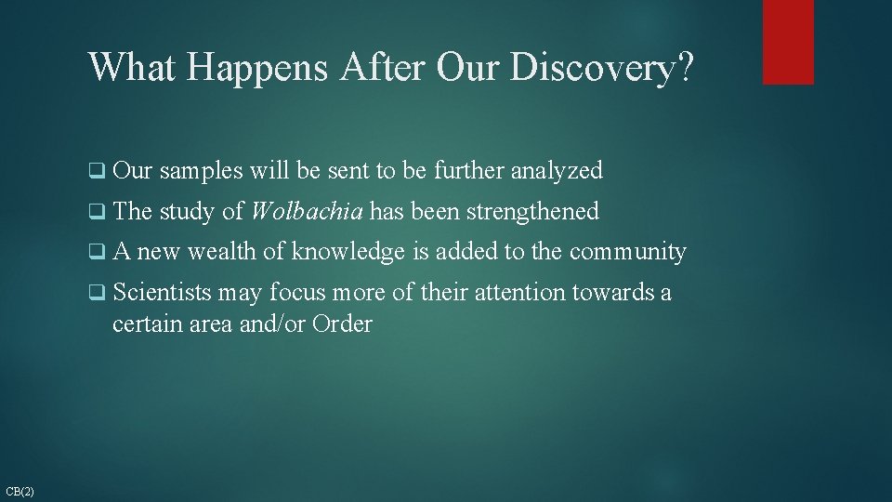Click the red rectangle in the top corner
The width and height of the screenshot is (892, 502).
(788, 42)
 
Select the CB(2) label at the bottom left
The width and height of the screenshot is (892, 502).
(20, 491)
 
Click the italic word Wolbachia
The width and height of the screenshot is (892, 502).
(307, 212)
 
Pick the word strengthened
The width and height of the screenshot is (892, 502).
(532, 212)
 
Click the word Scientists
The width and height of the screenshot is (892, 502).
(163, 293)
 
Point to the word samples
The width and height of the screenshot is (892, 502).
(201, 171)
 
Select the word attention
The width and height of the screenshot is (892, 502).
(519, 293)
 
